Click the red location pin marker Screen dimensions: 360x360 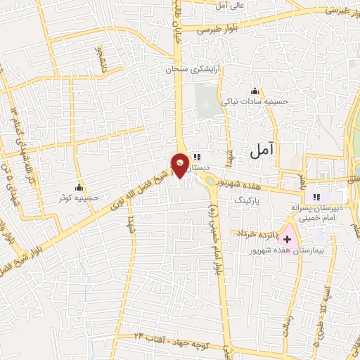pos(180,165)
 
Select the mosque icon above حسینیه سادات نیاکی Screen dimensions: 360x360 pos(255,91)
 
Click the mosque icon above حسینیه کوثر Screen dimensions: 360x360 pos(79,188)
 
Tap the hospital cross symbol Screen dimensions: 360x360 pos(288,240)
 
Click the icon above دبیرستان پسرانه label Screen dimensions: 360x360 pos(316,197)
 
